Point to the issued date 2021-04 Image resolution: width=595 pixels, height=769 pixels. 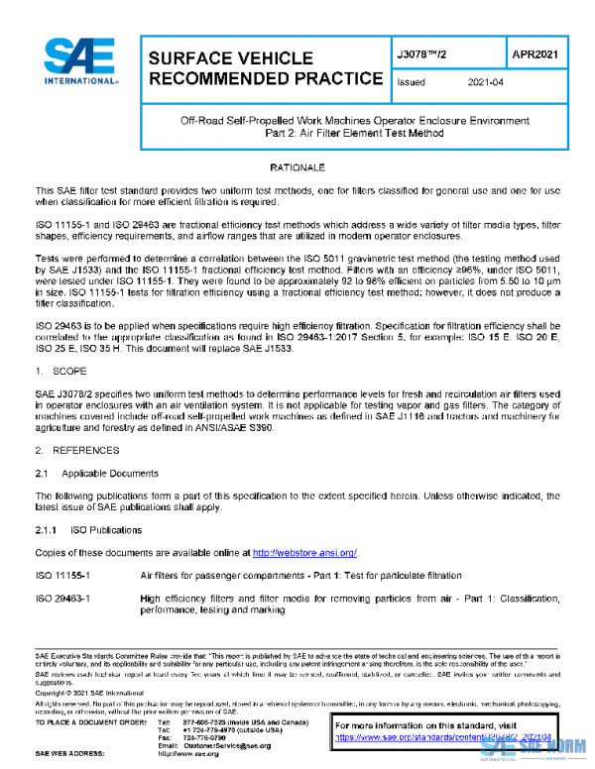point(485,83)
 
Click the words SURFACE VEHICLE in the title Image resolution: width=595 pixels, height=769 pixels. point(230,58)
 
